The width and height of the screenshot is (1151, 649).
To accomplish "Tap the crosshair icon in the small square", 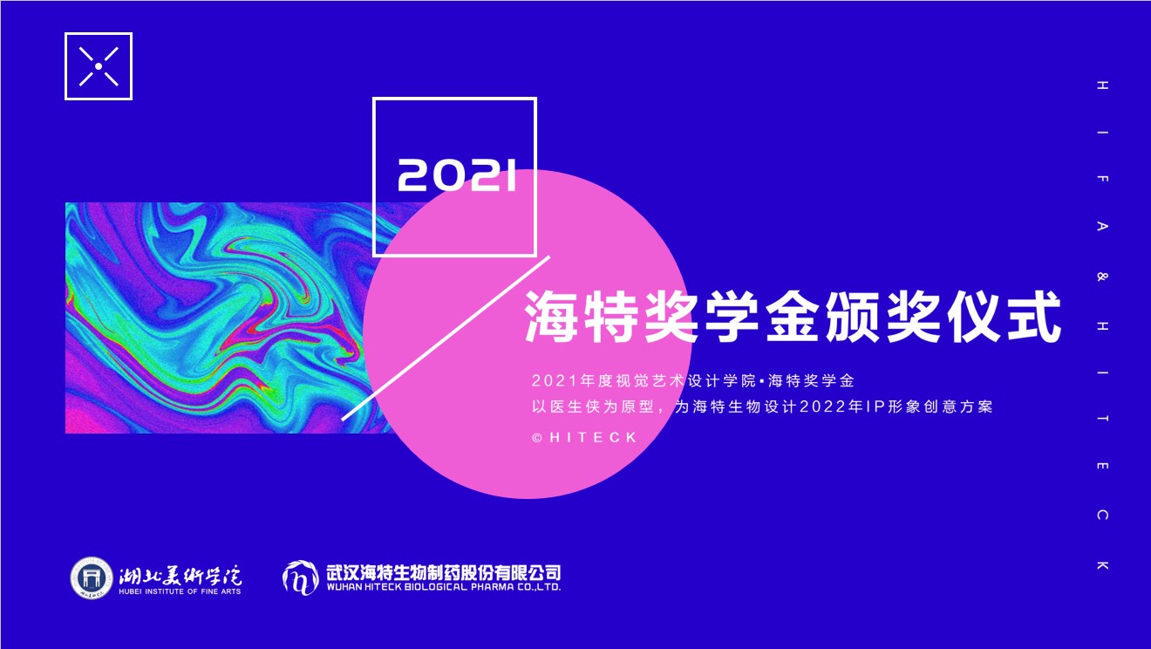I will click(99, 66).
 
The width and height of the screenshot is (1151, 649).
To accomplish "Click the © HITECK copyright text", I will click(585, 437).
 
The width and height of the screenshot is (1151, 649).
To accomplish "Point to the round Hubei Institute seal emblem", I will click(92, 577).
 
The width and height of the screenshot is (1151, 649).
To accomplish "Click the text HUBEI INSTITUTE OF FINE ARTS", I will click(180, 591).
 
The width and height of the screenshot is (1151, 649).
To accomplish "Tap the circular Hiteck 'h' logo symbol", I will click(300, 577).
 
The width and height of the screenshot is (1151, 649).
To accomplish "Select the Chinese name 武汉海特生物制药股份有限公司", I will click(442, 572).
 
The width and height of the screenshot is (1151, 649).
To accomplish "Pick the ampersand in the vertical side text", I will click(1102, 277).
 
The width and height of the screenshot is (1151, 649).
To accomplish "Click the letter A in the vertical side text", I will click(1102, 227).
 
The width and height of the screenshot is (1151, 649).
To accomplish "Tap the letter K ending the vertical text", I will click(1102, 566).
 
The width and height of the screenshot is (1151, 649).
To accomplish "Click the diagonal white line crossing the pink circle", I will click(446, 338).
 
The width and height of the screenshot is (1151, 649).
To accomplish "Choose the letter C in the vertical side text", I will click(1102, 516).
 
